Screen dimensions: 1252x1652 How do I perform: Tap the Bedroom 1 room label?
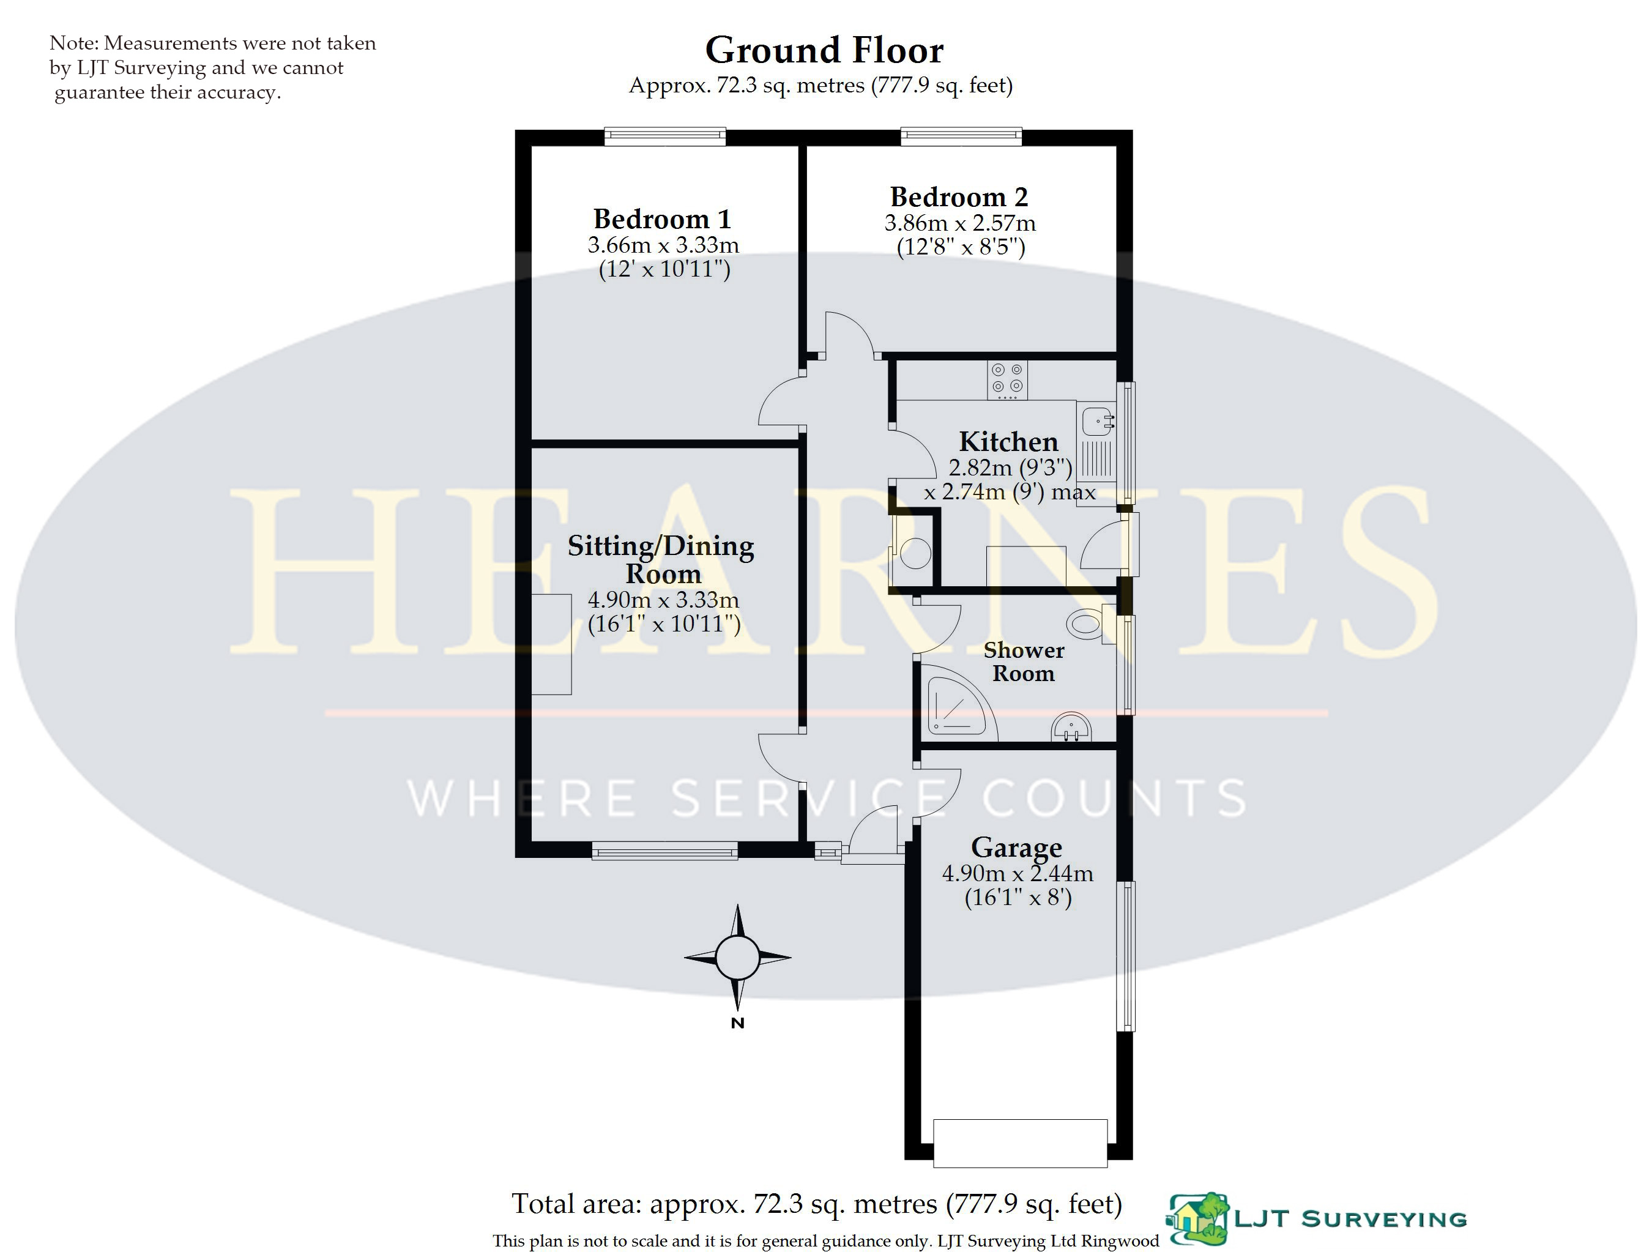pos(661,219)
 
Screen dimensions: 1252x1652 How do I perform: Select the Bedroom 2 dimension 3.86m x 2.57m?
pos(959,223)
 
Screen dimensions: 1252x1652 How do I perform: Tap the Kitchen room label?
pos(1008,441)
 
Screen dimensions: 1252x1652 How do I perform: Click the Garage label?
pos(1016,847)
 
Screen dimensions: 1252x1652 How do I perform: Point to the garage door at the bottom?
pos(1019,1143)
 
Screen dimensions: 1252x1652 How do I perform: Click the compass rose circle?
pos(737,957)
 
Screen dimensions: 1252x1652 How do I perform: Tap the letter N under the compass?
pos(737,1023)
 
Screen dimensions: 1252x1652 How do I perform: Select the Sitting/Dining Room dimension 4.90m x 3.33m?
pos(663,599)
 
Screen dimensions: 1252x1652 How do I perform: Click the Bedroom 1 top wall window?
pos(664,136)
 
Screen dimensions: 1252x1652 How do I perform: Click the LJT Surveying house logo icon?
pos(1199,1219)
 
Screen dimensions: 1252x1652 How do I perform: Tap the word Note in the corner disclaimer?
pos(73,43)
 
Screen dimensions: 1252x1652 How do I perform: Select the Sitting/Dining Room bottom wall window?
pos(664,850)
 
